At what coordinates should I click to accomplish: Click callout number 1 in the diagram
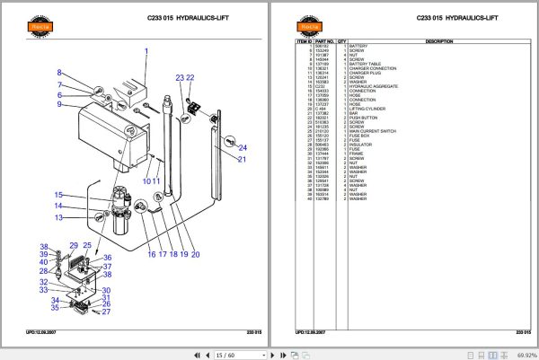pyautogui.click(x=146, y=51)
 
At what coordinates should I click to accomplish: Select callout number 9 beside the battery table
pyautogui.click(x=59, y=105)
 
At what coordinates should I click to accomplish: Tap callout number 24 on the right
pyautogui.click(x=243, y=148)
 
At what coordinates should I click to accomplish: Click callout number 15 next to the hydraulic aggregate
pyautogui.click(x=57, y=195)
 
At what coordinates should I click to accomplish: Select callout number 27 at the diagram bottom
pyautogui.click(x=106, y=312)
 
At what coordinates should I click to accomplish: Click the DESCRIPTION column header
pyautogui.click(x=438, y=41)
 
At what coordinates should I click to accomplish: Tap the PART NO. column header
pyautogui.click(x=325, y=41)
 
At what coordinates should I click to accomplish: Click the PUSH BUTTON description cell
pyautogui.click(x=363, y=118)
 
